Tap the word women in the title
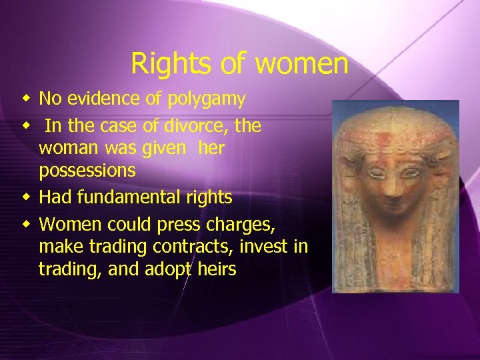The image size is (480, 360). (302, 65)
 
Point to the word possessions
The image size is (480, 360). (87, 171)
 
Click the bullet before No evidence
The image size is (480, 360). (25, 100)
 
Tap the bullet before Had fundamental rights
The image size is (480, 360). (25, 197)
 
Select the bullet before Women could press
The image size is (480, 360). (25, 223)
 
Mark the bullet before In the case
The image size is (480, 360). (25, 125)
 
